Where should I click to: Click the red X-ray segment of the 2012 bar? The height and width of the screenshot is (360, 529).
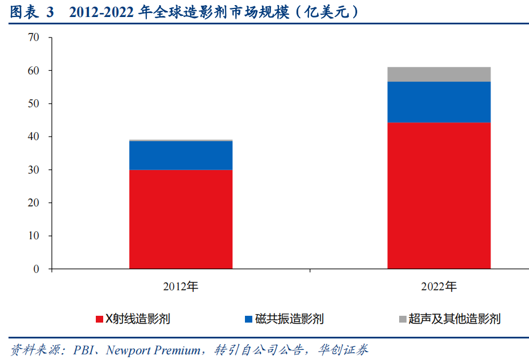pyautogui.click(x=181, y=219)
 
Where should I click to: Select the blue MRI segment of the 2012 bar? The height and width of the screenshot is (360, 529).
pyautogui.click(x=181, y=155)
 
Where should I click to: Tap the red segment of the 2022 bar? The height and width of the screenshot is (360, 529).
pyautogui.click(x=439, y=195)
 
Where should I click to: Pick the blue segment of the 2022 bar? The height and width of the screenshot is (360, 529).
pyautogui.click(x=439, y=102)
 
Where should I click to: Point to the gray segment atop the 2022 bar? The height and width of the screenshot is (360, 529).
pyautogui.click(x=439, y=74)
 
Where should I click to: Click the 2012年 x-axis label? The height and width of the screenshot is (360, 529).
pyautogui.click(x=181, y=286)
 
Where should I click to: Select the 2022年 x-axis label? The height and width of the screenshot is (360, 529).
pyautogui.click(x=439, y=286)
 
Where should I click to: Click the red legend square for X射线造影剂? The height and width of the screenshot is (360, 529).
pyautogui.click(x=100, y=319)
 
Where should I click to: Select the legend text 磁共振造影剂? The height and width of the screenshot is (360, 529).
pyautogui.click(x=290, y=319)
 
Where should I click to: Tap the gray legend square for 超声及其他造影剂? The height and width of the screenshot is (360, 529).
pyautogui.click(x=402, y=319)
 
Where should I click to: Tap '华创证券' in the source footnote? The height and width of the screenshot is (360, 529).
pyautogui.click(x=349, y=349)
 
